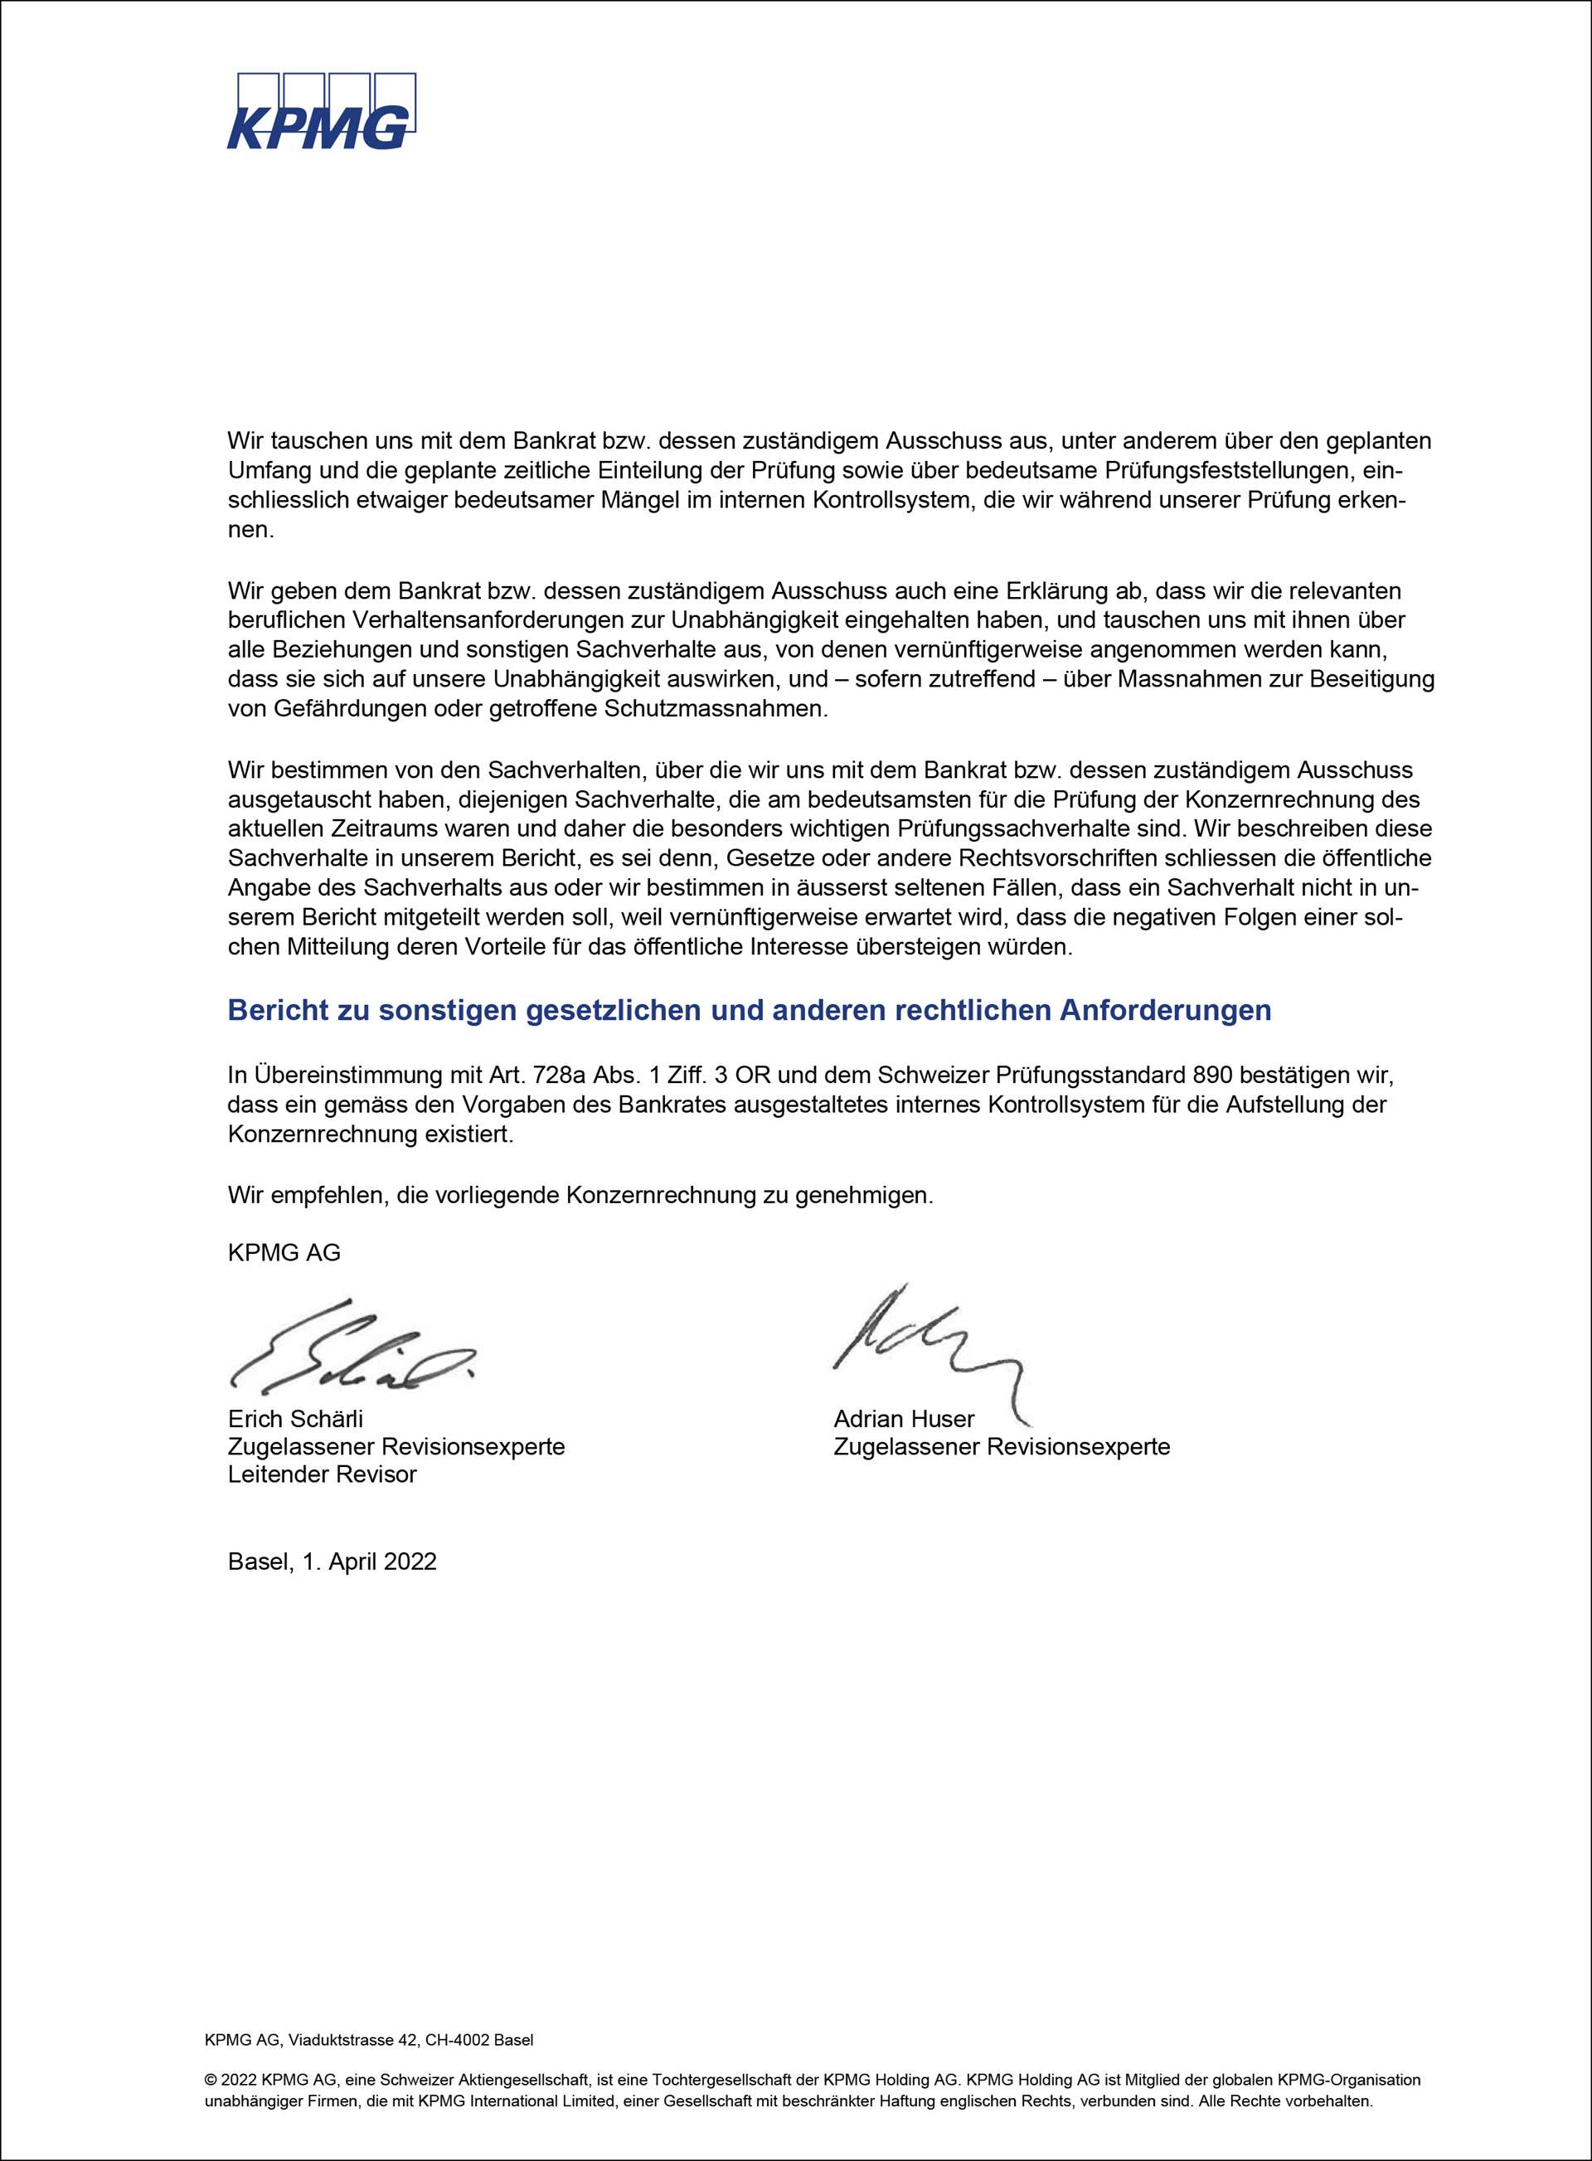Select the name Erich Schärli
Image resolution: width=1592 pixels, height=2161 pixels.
tap(296, 1419)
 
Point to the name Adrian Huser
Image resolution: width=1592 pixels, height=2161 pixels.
tap(904, 1419)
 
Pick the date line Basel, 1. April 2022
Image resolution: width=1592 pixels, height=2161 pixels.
tap(332, 1561)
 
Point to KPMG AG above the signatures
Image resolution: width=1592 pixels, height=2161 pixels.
tap(284, 1252)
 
